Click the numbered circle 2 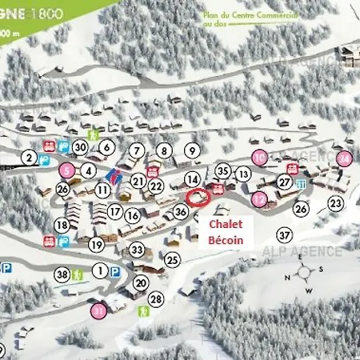pyautogui.click(x=30, y=158)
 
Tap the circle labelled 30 pyautogui.click(x=80, y=147)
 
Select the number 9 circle pyautogui.click(x=191, y=150)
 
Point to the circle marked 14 pyautogui.click(x=192, y=178)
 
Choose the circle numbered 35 pyautogui.click(x=223, y=170)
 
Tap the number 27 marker pyautogui.click(x=284, y=182)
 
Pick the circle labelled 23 pyautogui.click(x=336, y=203)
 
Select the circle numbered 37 pyautogui.click(x=284, y=234)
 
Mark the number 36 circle pyautogui.click(x=181, y=212)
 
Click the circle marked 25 pyautogui.click(x=172, y=259)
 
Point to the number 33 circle pyautogui.click(x=137, y=250)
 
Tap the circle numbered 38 pyautogui.click(x=62, y=274)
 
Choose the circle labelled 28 pyautogui.click(x=156, y=299)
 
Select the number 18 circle pyautogui.click(x=62, y=226)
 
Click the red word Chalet pyautogui.click(x=225, y=225)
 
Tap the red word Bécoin pyautogui.click(x=225, y=239)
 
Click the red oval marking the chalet pyautogui.click(x=194, y=196)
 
